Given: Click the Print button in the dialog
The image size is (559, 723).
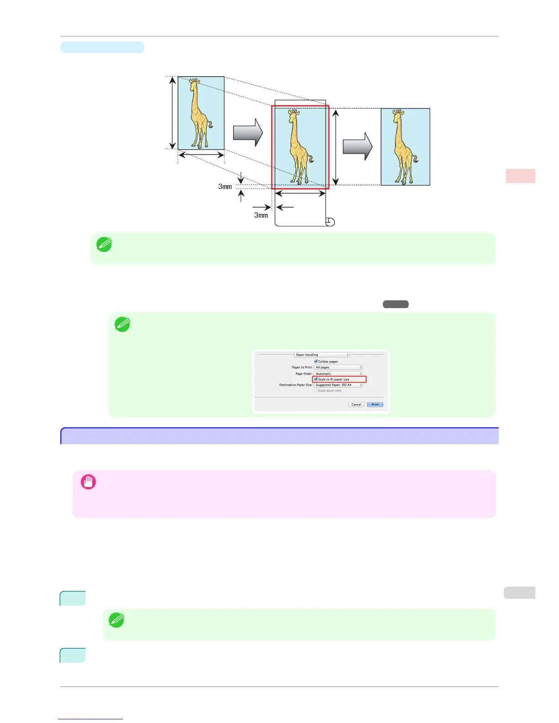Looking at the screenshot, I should pyautogui.click(x=375, y=404).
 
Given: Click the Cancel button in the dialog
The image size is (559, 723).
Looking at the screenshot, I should pyautogui.click(x=356, y=404).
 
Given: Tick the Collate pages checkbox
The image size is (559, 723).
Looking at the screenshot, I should pyautogui.click(x=316, y=361).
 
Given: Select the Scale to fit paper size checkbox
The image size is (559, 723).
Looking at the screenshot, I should pyautogui.click(x=316, y=379).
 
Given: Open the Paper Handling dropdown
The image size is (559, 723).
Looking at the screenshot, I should pyautogui.click(x=322, y=355).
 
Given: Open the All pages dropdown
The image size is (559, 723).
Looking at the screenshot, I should pyautogui.click(x=338, y=367).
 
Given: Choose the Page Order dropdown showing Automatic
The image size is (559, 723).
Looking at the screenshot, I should pyautogui.click(x=338, y=374).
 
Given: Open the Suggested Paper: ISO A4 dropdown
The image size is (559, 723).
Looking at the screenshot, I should pyautogui.click(x=338, y=385).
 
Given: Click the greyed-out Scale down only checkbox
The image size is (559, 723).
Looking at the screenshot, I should pyautogui.click(x=316, y=391).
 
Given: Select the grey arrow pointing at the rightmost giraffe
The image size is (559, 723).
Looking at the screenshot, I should pyautogui.click(x=358, y=147).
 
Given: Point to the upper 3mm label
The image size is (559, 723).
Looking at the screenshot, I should pyautogui.click(x=225, y=186).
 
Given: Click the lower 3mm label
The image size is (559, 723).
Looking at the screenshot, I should pyautogui.click(x=261, y=215).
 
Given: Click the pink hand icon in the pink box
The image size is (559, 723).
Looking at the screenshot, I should pyautogui.click(x=89, y=482).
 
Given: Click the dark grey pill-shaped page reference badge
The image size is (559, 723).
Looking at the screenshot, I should pyautogui.click(x=396, y=304).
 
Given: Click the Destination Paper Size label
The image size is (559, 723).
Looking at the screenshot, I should pyautogui.click(x=295, y=385).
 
